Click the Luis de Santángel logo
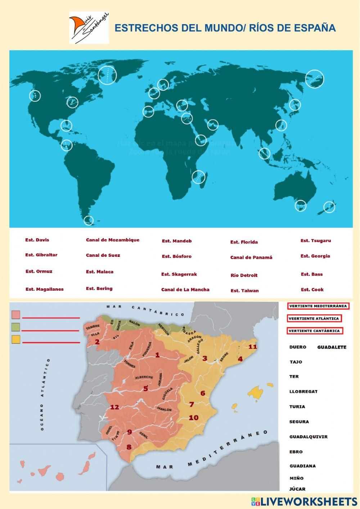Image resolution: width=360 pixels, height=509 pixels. point(89,28)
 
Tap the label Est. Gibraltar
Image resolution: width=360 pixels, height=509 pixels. point(41,255)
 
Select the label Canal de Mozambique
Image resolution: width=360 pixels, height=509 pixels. point(112,240)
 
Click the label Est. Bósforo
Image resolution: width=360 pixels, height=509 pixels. point(176,256)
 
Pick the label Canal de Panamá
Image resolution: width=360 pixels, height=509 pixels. point(251,258)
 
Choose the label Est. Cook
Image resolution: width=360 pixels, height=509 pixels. point(312,290)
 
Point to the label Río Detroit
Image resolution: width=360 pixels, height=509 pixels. point(244,276)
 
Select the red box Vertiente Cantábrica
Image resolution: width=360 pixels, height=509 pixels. point(314,331)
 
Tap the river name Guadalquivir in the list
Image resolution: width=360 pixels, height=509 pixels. point(308,437)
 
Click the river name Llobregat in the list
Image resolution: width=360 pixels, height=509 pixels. point(303,392)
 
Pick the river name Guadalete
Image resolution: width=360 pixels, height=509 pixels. point(332,347)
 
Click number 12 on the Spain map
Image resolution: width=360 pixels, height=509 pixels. point(114,407)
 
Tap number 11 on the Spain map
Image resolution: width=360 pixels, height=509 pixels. point(253,347)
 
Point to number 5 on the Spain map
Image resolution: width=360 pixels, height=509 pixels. point(145,389)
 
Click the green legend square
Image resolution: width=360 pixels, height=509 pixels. point(16,327)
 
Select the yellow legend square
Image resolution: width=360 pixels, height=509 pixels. point(16,339)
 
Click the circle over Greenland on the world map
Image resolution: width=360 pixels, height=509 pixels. point(107,76)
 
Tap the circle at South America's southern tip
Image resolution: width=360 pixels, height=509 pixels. point(88,220)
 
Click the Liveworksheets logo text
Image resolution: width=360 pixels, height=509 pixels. point(304,501)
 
